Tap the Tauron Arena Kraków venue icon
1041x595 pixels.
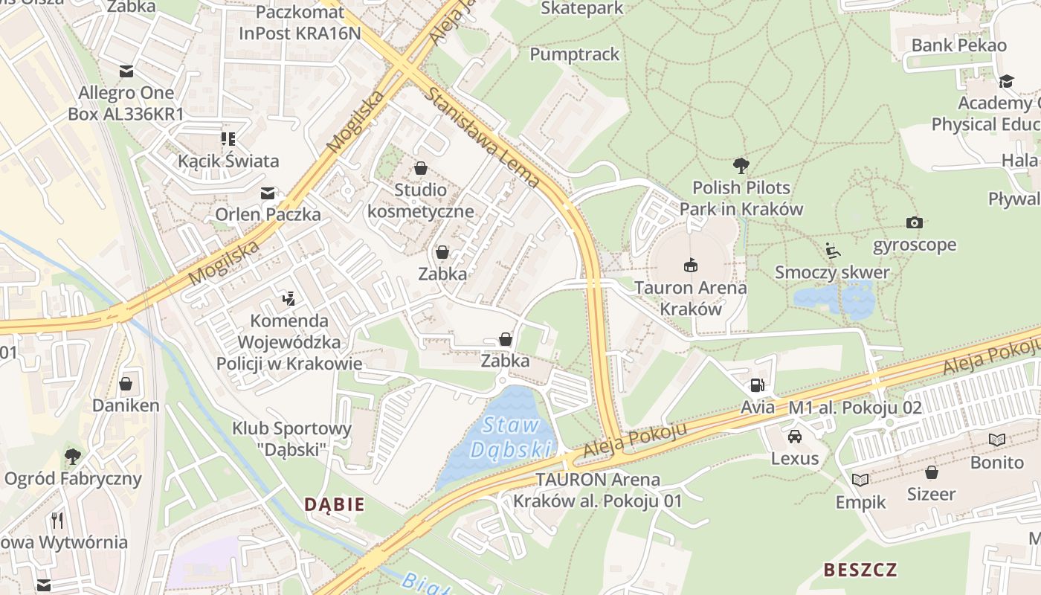(691, 265)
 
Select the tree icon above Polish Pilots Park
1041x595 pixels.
(741, 165)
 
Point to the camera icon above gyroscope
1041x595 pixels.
(914, 222)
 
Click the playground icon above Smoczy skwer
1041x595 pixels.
(833, 250)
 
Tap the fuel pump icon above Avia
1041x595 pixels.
(757, 385)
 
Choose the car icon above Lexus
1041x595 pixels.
(795, 436)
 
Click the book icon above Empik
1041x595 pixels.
(860, 480)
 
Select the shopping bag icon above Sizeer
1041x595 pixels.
(931, 472)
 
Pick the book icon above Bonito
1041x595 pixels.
(996, 440)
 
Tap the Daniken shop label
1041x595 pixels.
(126, 405)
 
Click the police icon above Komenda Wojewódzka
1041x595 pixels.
(289, 299)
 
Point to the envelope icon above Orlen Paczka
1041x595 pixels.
(268, 193)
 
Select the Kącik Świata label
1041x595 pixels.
(228, 161)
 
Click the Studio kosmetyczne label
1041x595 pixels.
(421, 201)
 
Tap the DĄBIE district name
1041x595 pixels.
(335, 504)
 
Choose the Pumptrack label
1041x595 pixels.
(575, 54)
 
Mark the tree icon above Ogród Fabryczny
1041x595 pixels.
(73, 455)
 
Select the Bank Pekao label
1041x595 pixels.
(959, 45)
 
